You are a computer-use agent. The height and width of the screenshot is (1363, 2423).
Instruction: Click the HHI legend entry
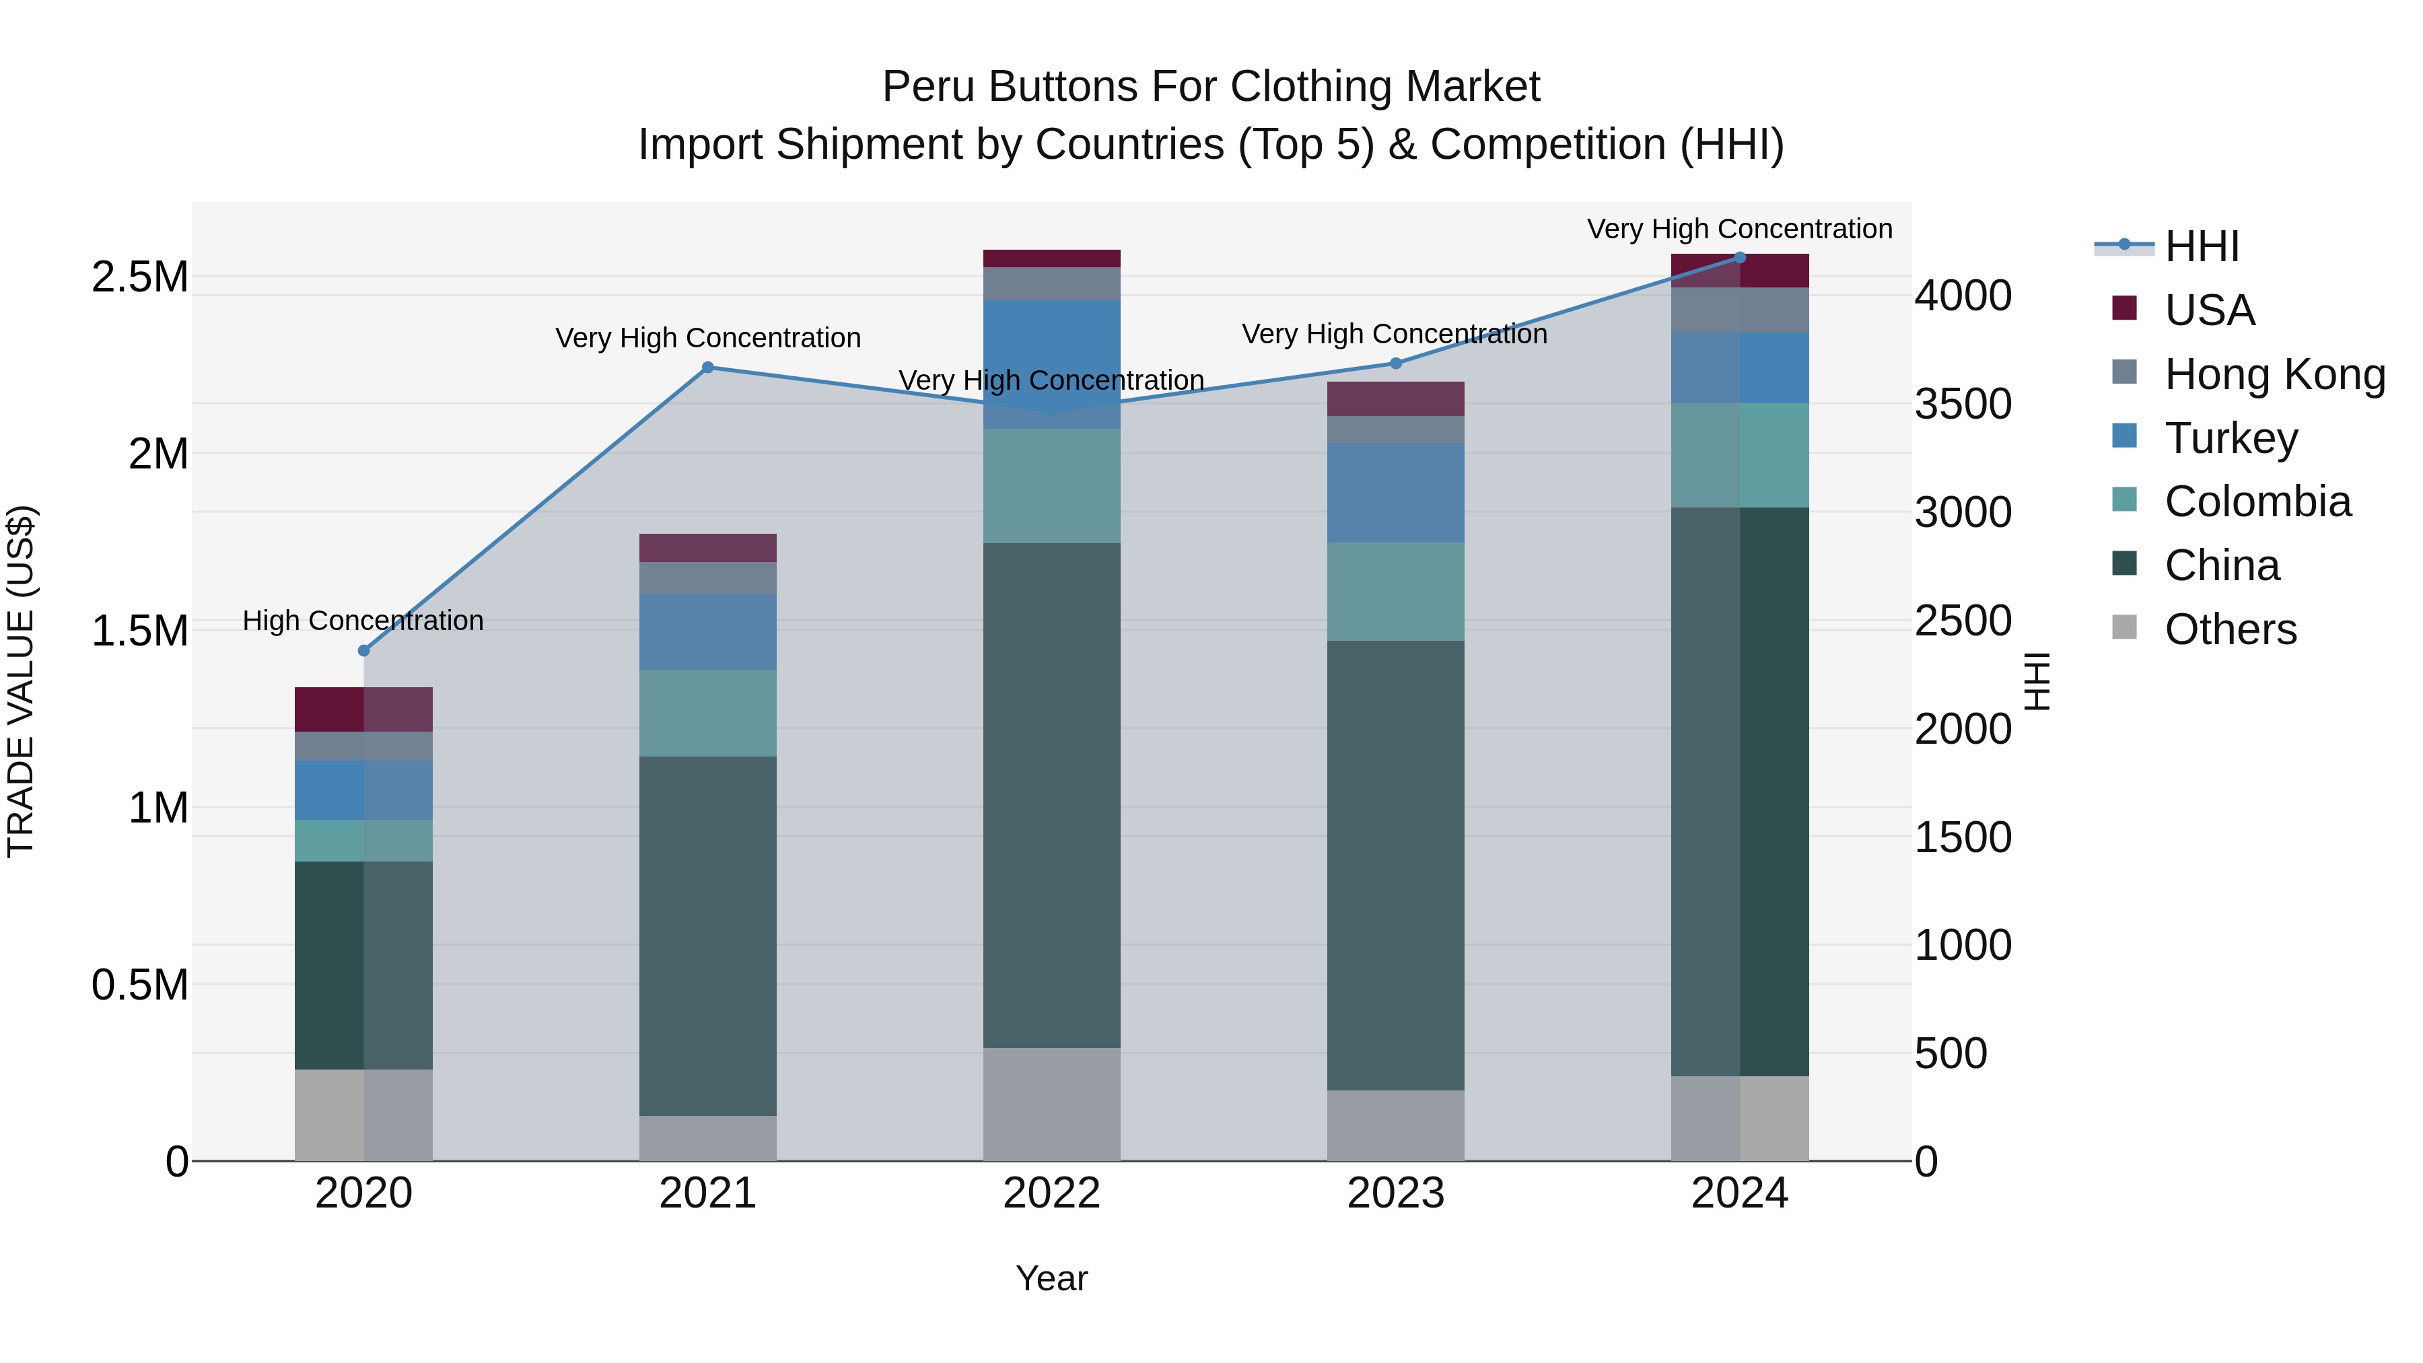point(2201,248)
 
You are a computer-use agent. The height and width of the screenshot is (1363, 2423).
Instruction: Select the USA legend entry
point(2208,310)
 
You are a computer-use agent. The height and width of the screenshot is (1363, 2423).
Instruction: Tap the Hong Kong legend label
point(2274,374)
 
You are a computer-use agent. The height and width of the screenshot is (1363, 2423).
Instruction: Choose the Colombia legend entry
point(2257,502)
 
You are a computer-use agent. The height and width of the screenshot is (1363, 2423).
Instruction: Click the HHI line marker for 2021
point(708,368)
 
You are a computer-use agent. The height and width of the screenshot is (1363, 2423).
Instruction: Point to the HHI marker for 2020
point(364,651)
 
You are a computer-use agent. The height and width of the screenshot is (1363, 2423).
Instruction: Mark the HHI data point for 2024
point(1739,258)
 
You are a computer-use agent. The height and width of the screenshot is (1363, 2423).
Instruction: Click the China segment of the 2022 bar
point(1051,795)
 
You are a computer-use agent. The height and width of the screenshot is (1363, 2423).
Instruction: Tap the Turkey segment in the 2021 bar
point(707,631)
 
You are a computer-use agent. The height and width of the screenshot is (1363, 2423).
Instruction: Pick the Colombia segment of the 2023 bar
point(1395,592)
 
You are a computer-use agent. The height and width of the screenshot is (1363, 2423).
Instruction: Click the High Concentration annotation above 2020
point(363,621)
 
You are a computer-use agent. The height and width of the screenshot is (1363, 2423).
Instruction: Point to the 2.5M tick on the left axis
point(140,277)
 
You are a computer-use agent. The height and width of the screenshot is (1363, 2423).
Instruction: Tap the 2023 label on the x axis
point(1395,1193)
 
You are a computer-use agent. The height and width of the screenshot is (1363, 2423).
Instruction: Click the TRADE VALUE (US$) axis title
point(21,681)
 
